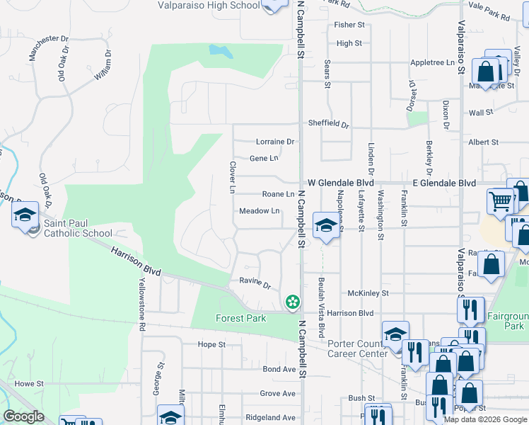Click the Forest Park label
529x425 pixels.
240,318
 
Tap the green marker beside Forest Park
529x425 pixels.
291,302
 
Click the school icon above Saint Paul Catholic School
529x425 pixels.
25,215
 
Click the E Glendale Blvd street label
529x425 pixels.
444,183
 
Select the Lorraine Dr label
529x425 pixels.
274,142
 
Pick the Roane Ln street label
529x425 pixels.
278,194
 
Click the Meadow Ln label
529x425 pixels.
260,211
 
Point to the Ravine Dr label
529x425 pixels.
256,283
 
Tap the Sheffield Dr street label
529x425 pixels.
328,124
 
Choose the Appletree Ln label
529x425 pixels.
432,63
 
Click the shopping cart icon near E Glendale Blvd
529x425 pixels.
501,201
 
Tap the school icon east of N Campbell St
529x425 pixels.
325,226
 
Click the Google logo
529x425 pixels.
24,416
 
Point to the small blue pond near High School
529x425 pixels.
221,51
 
